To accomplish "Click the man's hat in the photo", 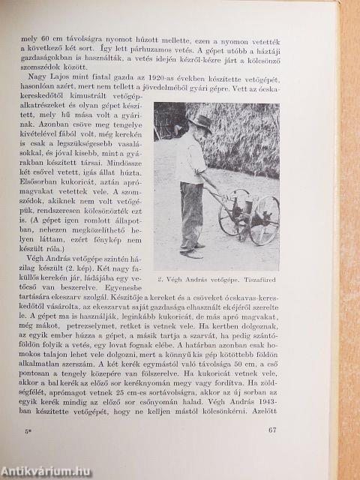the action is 199,121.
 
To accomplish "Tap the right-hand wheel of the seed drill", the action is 264,220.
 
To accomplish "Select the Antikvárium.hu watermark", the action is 45,471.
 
